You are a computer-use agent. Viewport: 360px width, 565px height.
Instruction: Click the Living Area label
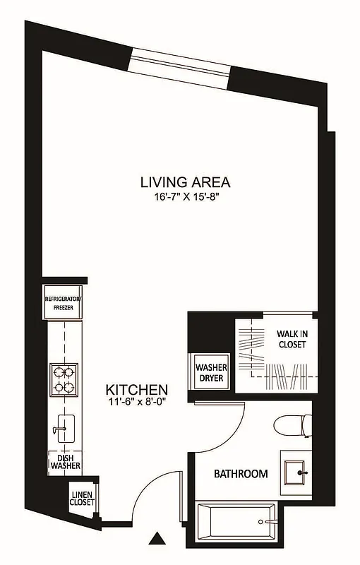185,182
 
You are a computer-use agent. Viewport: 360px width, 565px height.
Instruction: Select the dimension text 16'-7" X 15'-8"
185,198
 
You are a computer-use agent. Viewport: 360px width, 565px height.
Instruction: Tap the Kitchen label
136,389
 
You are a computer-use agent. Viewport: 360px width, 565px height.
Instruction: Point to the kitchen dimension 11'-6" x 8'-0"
136,403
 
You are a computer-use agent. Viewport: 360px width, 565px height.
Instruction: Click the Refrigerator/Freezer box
64,302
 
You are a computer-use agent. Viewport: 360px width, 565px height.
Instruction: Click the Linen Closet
82,497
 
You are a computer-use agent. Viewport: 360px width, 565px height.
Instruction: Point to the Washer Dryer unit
210,372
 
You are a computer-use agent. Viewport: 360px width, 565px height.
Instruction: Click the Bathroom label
241,474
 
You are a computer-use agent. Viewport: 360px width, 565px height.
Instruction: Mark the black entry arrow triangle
157,540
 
